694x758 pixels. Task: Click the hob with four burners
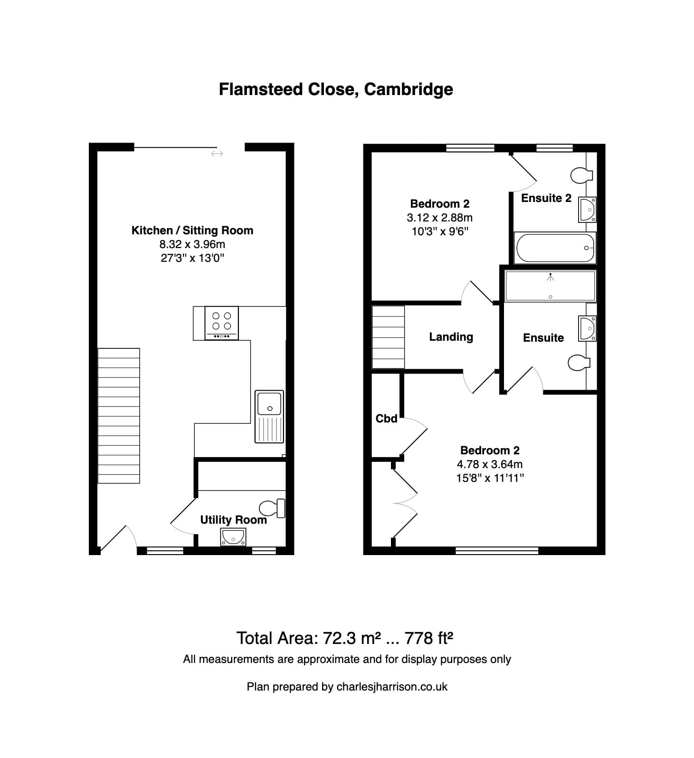[x=221, y=323]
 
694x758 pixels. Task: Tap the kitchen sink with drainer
[x=269, y=416]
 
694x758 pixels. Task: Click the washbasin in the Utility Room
[x=233, y=537]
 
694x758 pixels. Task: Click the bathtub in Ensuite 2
[x=555, y=248]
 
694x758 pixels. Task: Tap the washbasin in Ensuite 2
[x=587, y=210]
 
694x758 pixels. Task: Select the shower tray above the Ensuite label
[x=550, y=286]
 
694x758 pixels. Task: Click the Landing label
[x=451, y=337]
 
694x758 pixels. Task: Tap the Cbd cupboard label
[x=386, y=419]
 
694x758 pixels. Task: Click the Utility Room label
[x=233, y=520]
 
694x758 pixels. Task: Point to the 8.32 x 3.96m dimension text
[x=192, y=244]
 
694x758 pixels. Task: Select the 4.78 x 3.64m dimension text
[x=489, y=464]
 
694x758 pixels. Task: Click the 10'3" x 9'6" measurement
[x=439, y=231]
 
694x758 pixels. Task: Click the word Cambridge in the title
[x=409, y=89]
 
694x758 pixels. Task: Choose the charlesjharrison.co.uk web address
[x=392, y=687]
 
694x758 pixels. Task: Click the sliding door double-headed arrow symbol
[x=217, y=154]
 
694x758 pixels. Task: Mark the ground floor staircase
[x=119, y=416]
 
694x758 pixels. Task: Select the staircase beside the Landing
[x=388, y=337]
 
